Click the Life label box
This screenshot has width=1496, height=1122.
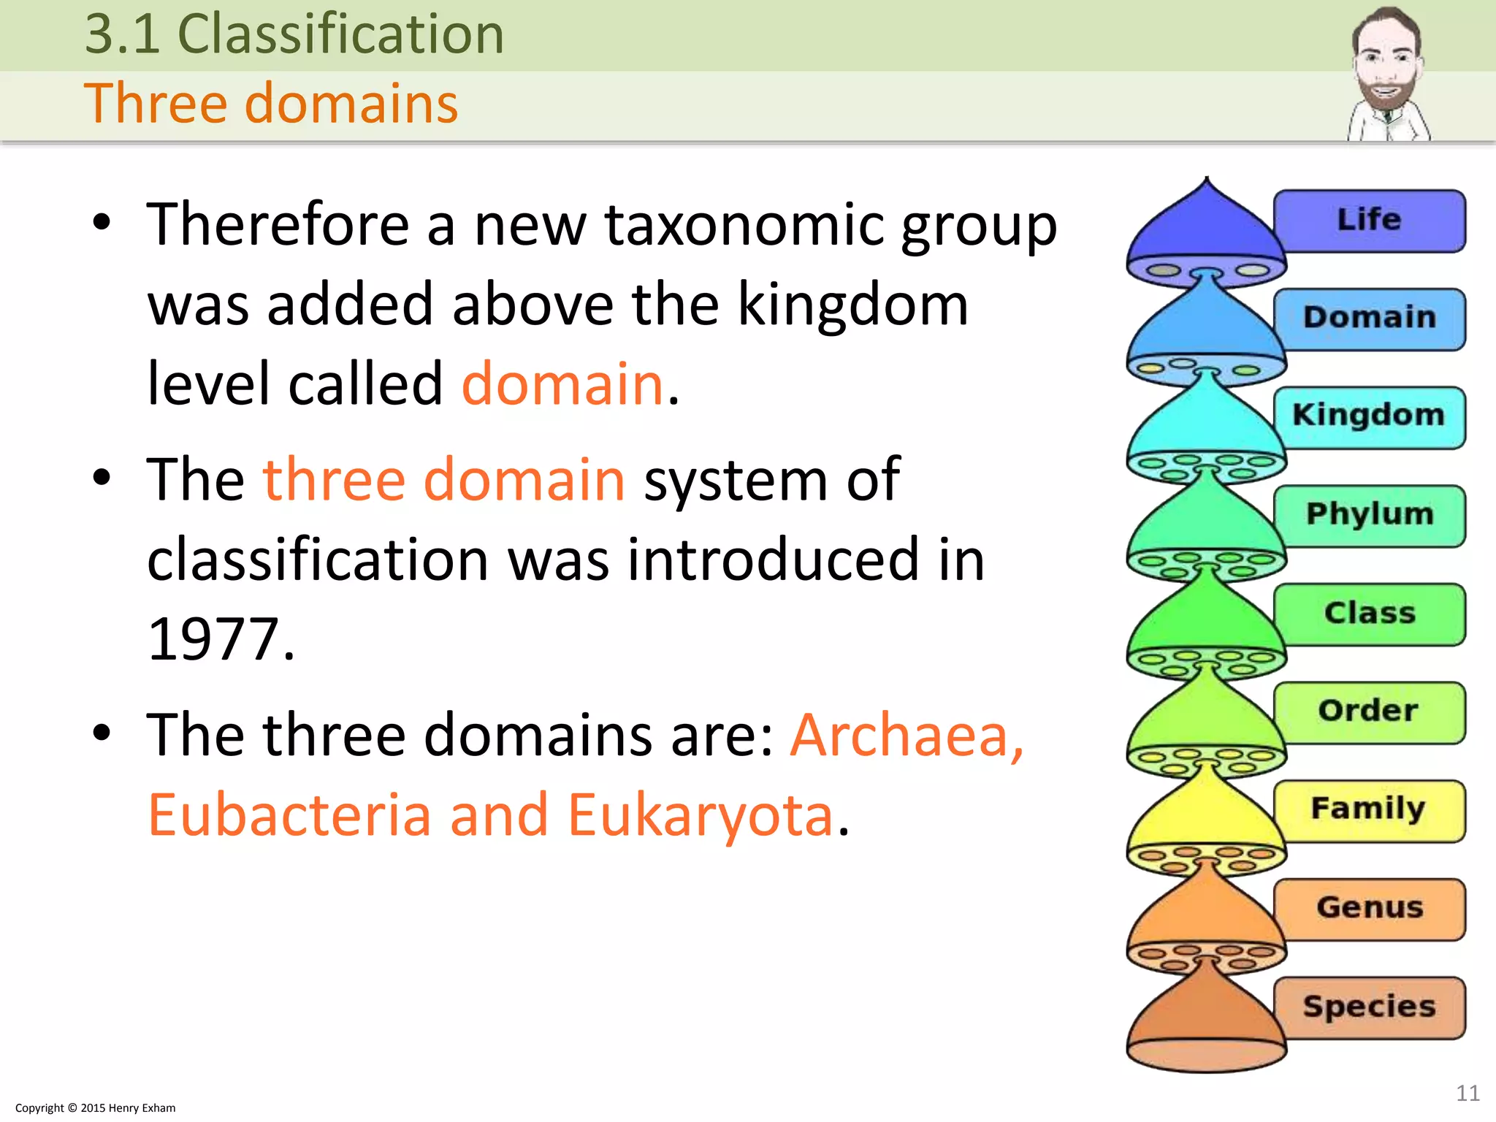tap(1369, 220)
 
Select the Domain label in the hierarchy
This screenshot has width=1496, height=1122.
tap(1369, 318)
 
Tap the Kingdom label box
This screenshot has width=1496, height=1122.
tap(1369, 416)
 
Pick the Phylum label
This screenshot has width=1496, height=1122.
tap(1369, 514)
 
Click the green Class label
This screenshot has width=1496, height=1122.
tap(1369, 613)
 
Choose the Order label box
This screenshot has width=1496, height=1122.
tap(1369, 711)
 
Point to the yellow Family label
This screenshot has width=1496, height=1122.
tap(1369, 809)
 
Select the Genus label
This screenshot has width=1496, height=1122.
tap(1369, 908)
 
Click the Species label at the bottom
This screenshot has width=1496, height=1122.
tap(1369, 1007)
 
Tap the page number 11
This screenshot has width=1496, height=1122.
tap(1468, 1093)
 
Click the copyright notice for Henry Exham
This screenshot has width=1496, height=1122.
tap(95, 1108)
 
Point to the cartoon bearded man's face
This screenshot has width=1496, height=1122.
tap(1385, 62)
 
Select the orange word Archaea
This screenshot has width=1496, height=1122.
tap(906, 735)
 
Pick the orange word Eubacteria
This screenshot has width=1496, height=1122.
tap(289, 815)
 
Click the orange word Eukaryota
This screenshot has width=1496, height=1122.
tap(700, 815)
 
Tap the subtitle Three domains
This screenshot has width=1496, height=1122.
tap(271, 103)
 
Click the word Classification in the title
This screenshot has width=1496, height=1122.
tap(340, 34)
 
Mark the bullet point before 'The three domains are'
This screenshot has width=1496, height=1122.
tap(102, 733)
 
